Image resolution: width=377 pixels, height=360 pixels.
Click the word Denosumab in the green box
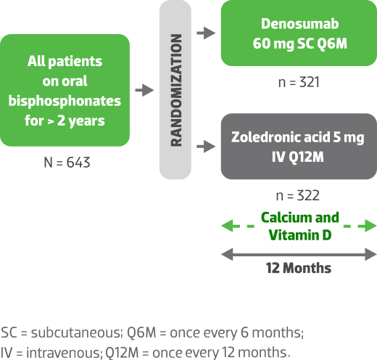click(299, 24)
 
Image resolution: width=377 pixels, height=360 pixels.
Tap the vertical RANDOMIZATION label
click(176, 90)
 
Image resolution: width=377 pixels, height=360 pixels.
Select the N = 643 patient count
click(67, 163)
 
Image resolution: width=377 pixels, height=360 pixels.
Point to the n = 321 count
click(299, 82)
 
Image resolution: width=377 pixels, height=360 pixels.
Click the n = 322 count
click(298, 195)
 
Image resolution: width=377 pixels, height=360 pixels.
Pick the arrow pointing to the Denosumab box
click(206, 33)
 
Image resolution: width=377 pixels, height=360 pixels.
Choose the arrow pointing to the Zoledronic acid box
click(206, 147)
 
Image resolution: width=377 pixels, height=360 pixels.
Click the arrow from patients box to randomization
click(144, 90)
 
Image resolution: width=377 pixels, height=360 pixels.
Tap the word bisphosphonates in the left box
click(65, 101)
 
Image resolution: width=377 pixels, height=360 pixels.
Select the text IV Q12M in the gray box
click(298, 157)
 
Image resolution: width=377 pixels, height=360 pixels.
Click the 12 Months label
click(299, 268)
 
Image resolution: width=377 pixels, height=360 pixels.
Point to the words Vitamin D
click(300, 235)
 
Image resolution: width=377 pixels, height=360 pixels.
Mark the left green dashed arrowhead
click(227, 226)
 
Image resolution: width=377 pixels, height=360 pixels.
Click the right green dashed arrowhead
click(370, 226)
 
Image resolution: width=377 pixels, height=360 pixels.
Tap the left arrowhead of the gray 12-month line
click(227, 254)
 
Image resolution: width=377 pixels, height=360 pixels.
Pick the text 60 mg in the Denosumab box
click(273, 44)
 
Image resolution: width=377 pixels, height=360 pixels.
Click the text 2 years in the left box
click(81, 121)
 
